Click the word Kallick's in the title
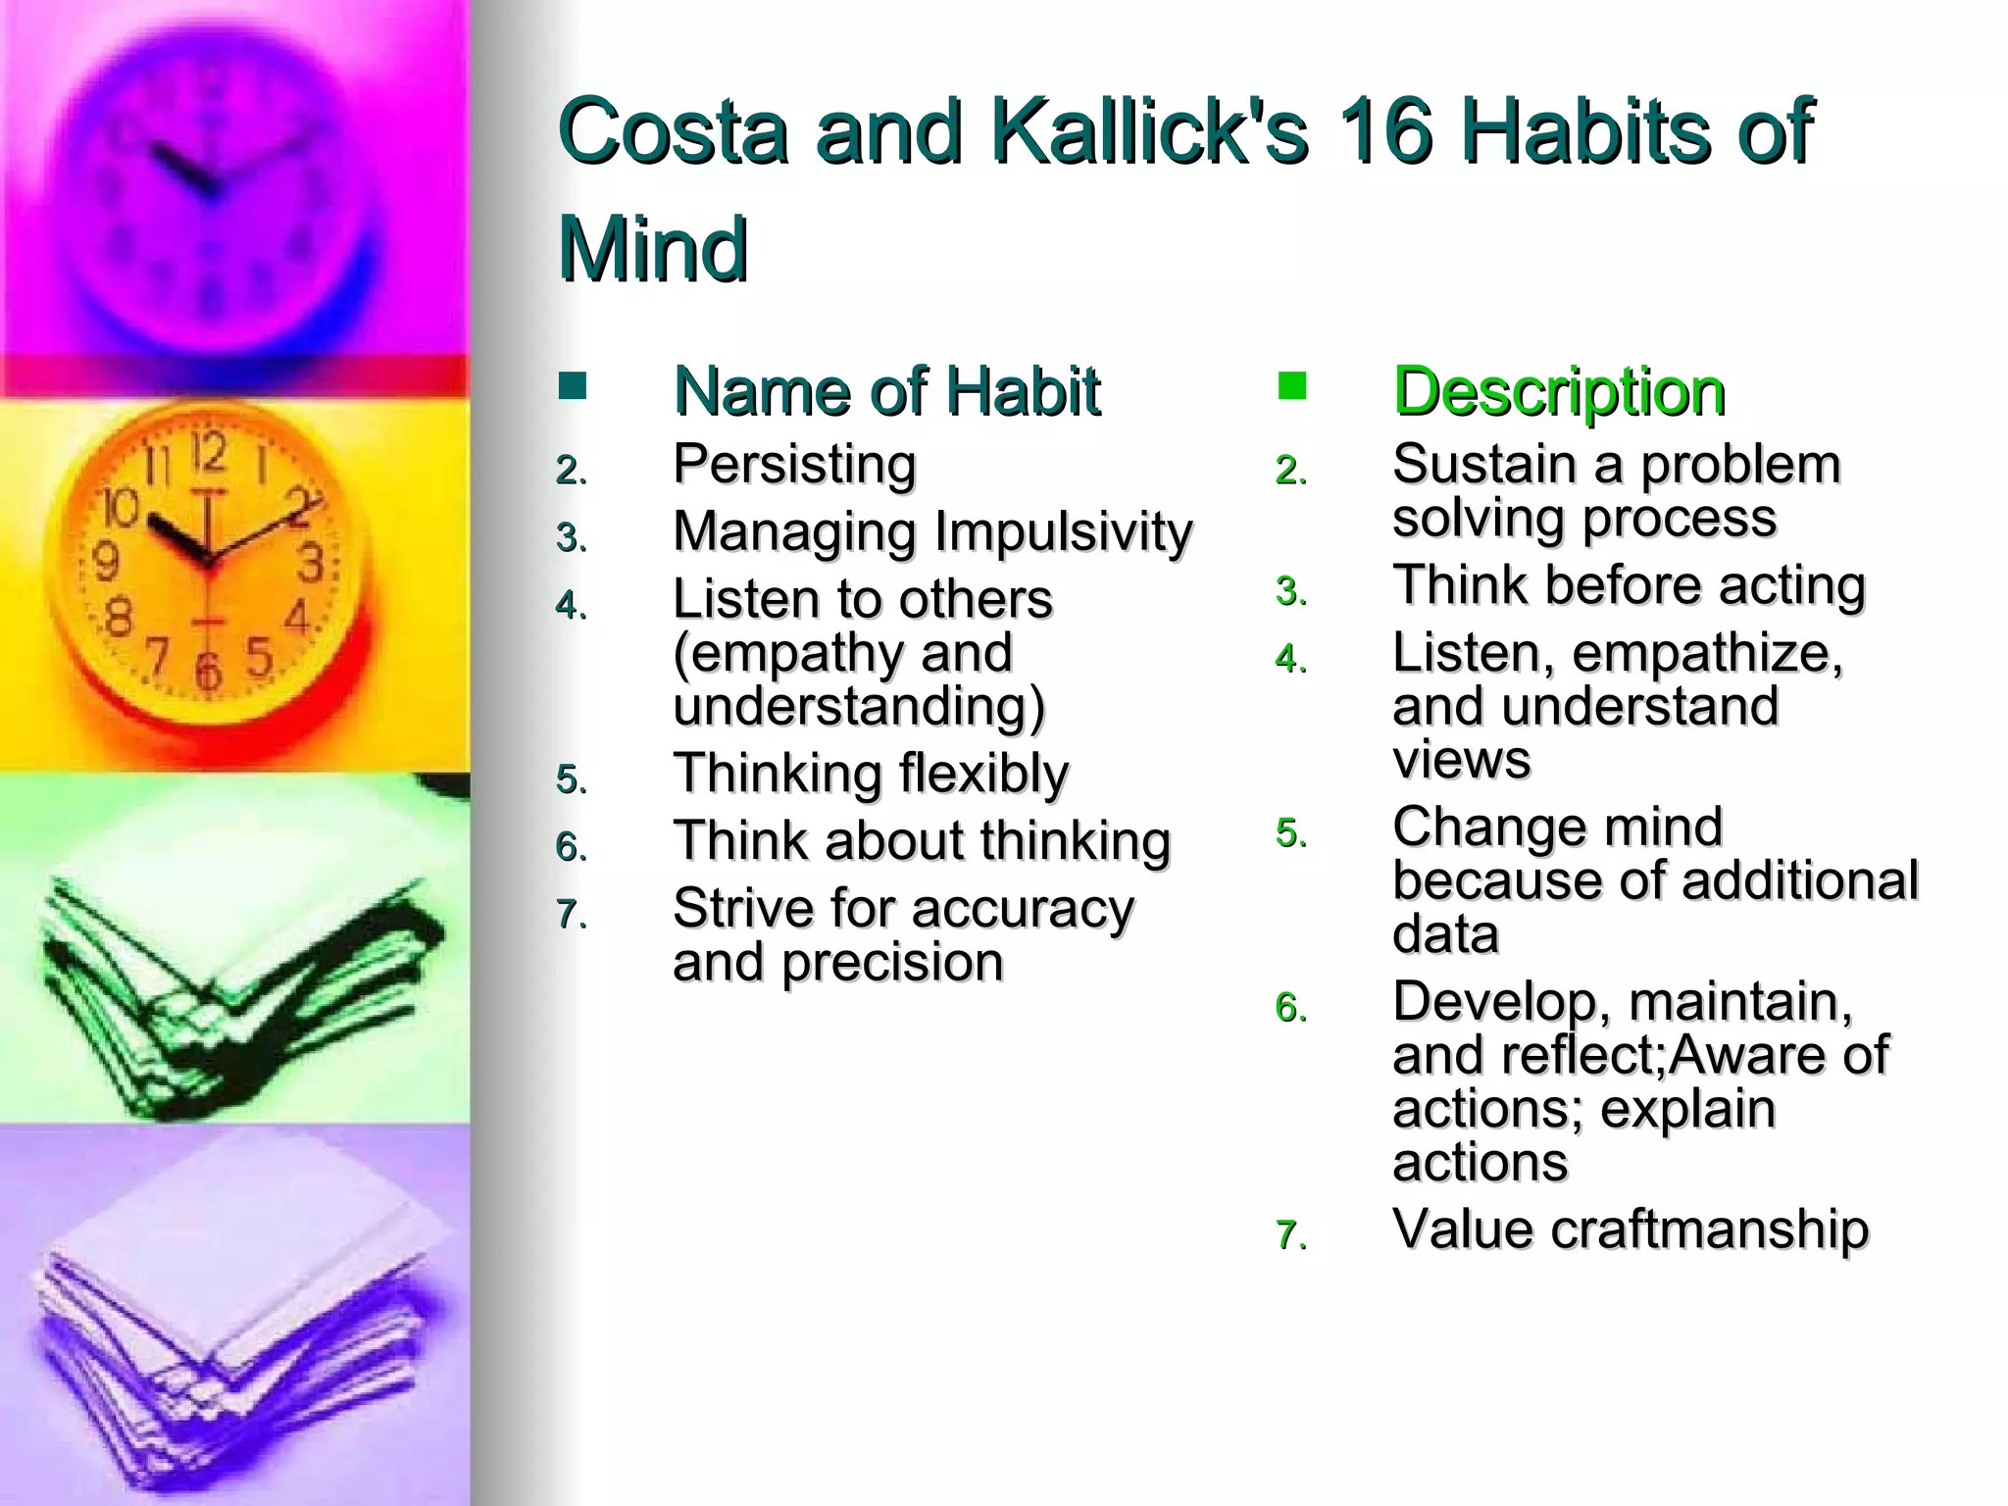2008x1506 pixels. pyautogui.click(x=1148, y=132)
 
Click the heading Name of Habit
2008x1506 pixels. pyautogui.click(x=886, y=391)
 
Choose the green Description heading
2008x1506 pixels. pyautogui.click(x=1559, y=391)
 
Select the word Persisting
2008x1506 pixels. pyautogui.click(x=794, y=464)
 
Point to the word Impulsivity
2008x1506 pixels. pyautogui.click(x=1063, y=532)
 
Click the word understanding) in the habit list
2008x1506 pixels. pyautogui.click(x=859, y=707)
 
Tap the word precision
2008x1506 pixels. pyautogui.click(x=892, y=962)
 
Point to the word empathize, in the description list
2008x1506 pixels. pyautogui.click(x=1707, y=653)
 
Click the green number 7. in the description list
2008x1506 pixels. pyautogui.click(x=1291, y=1235)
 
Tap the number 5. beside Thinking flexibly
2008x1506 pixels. pyautogui.click(x=572, y=780)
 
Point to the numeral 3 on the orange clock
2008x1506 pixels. pyautogui.click(x=310, y=565)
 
